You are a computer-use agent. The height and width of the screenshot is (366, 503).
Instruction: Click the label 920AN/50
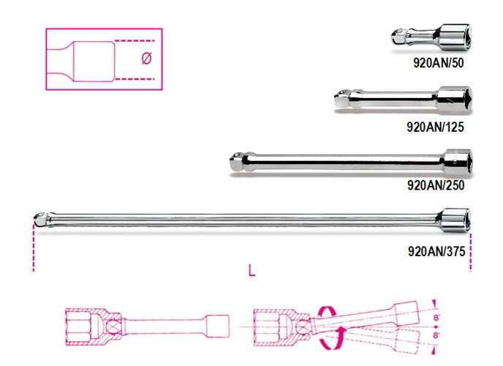pyautogui.click(x=438, y=62)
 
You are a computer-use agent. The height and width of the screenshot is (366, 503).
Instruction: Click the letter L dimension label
pyautogui.click(x=251, y=272)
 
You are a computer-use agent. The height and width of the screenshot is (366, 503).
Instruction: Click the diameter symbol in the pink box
pyautogui.click(x=145, y=59)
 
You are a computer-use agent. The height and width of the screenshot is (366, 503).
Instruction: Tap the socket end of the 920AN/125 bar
pyautogui.click(x=451, y=99)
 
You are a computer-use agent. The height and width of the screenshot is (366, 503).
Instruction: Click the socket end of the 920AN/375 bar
pyautogui.click(x=452, y=217)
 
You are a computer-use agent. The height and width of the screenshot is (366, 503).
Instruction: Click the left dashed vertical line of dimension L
pyautogui.click(x=33, y=249)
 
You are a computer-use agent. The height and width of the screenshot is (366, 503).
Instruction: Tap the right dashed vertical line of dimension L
pyautogui.click(x=471, y=249)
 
